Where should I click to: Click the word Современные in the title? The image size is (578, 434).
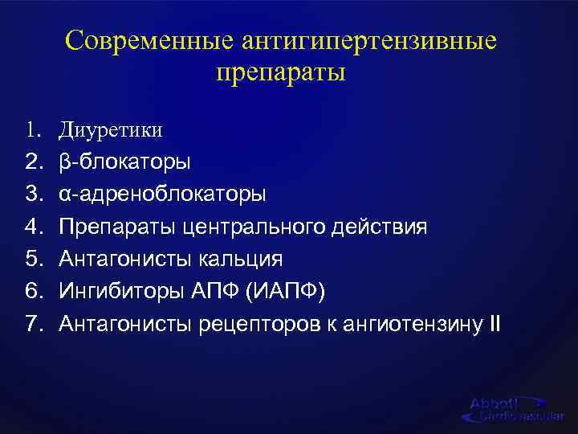(140, 40)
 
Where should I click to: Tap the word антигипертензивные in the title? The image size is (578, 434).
(360, 40)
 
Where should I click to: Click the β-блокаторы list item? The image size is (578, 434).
(124, 162)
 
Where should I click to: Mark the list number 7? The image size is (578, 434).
(32, 325)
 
